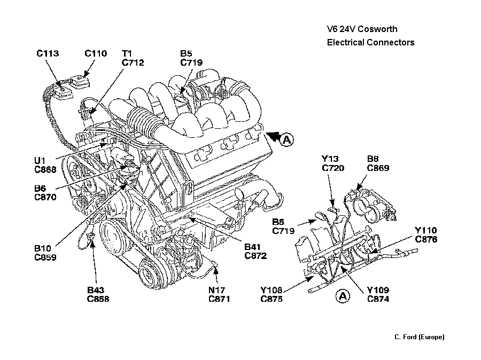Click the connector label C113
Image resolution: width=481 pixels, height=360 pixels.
coord(48,53)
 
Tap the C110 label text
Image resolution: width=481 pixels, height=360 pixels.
coord(96,53)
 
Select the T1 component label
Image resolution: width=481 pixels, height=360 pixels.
coord(127,53)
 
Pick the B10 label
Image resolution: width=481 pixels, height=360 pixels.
coord(43,248)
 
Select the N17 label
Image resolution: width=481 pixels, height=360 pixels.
coord(216,290)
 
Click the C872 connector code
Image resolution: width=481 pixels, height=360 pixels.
coord(255,256)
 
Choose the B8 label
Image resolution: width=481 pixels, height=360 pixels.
coord(373,159)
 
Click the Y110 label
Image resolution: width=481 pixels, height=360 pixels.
coord(425,231)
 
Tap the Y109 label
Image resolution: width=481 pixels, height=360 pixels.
coord(377,290)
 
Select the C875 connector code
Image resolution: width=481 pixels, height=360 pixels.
coord(272,299)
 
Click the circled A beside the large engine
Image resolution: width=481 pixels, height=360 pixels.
coord(287,140)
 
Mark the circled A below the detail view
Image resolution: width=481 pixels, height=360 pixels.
coord(343,295)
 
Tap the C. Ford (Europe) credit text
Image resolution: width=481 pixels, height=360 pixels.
coord(419,336)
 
